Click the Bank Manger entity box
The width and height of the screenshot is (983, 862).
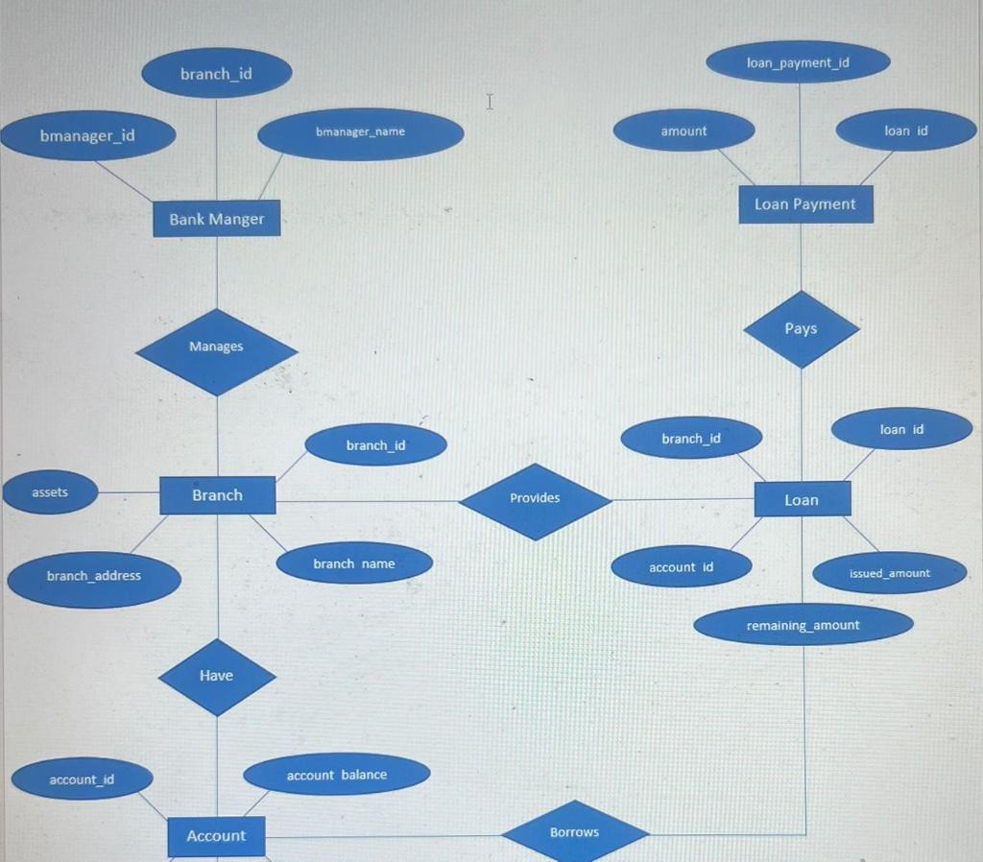tap(216, 219)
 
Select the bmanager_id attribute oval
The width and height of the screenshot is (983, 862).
tap(87, 135)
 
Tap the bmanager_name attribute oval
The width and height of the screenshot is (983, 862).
tap(360, 132)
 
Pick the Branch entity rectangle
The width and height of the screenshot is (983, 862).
tap(217, 495)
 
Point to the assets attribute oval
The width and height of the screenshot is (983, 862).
tap(50, 493)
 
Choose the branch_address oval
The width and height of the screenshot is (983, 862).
tap(93, 577)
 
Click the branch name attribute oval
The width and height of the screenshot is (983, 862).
tap(353, 564)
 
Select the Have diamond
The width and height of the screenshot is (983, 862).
tap(216, 677)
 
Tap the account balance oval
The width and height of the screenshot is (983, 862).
tap(336, 775)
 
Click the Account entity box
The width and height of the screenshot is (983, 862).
tap(216, 836)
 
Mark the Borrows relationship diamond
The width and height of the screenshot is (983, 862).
tap(574, 832)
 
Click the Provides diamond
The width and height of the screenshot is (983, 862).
tap(535, 499)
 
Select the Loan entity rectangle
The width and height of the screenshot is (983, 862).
tap(802, 500)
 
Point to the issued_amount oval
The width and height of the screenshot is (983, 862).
tap(889, 574)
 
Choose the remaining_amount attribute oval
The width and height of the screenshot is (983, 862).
tap(803, 626)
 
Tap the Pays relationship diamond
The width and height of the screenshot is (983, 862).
tap(801, 329)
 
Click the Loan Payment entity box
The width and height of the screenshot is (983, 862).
tap(805, 204)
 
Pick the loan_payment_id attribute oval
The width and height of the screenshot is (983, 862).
tap(798, 63)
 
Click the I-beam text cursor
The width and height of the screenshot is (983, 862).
tap(490, 101)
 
